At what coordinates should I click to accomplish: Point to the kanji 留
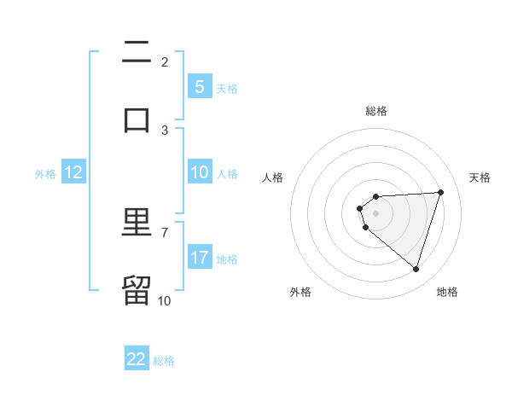tap(137, 290)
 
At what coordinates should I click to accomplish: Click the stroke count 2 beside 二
tap(165, 61)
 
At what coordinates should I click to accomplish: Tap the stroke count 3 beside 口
tap(165, 130)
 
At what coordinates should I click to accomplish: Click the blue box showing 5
tap(199, 86)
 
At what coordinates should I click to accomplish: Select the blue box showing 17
tap(199, 258)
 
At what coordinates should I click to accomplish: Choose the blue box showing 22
tap(137, 359)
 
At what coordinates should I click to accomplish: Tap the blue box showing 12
tap(73, 172)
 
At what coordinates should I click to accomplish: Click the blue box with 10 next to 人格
tap(199, 172)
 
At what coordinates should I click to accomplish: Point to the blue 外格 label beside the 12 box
tap(45, 173)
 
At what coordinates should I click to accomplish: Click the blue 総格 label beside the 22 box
tap(164, 360)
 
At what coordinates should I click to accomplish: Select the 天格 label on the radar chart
tap(480, 177)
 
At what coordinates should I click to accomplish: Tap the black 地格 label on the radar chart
tap(447, 292)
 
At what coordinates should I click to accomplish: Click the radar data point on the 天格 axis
tap(441, 192)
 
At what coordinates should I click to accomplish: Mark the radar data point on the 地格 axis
tap(416, 269)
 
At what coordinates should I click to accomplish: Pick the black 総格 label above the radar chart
tap(376, 111)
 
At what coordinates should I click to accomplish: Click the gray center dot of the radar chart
tap(375, 213)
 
